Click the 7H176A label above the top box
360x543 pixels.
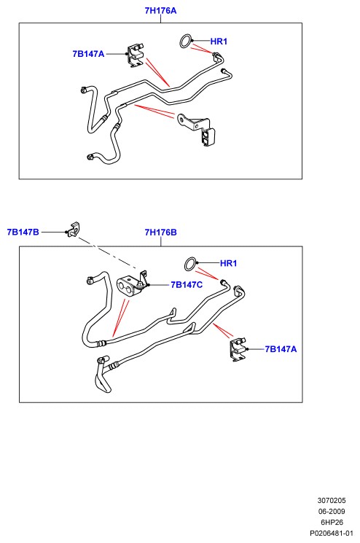[x=160, y=11]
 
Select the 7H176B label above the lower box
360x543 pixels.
[x=160, y=232]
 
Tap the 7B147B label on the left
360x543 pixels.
[x=23, y=232]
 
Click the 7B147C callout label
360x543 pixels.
[x=187, y=285]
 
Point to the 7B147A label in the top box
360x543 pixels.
[x=88, y=54]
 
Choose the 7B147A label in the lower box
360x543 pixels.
[x=281, y=349]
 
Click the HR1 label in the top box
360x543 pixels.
[x=219, y=42]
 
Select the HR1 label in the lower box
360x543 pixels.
[x=229, y=263]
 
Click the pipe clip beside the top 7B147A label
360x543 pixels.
[x=136, y=55]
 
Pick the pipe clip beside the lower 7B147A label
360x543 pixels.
[x=238, y=349]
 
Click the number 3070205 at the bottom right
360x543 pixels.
[x=332, y=501]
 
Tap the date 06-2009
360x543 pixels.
[x=332, y=511]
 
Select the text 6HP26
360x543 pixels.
[x=332, y=522]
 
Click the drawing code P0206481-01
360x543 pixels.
[x=332, y=533]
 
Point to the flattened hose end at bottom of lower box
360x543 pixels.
[x=103, y=381]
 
